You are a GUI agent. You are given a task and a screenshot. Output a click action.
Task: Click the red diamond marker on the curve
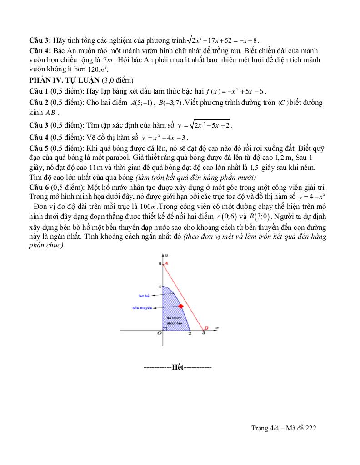tap(181, 307)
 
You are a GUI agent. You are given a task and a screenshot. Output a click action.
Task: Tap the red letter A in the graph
tap(166, 263)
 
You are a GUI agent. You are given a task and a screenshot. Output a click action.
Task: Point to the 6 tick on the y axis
tap(160, 263)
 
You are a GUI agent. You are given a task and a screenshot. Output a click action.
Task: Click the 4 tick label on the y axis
tap(160, 287)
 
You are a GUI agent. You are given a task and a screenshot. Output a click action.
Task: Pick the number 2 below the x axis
tap(190, 334)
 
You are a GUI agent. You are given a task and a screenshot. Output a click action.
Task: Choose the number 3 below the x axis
tap(203, 334)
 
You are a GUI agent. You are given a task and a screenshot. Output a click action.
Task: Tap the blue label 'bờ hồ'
tap(144, 295)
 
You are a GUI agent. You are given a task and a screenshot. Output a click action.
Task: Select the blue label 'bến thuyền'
tap(142, 307)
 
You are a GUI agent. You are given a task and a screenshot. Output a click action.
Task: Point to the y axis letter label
tap(167, 256)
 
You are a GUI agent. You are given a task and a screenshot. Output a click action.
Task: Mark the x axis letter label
tap(217, 327)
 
